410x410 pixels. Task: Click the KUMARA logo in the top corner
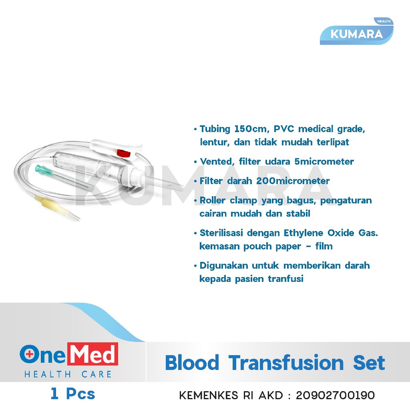pyautogui.click(x=356, y=34)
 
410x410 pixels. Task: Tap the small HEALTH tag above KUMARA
pyautogui.click(x=383, y=22)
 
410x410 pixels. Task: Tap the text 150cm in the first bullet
pyautogui.click(x=248, y=129)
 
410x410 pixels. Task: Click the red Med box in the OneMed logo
pyautogui.click(x=92, y=354)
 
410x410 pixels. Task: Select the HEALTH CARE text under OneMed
pyautogui.click(x=68, y=375)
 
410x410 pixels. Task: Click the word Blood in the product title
pyautogui.click(x=192, y=363)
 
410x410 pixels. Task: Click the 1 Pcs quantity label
pyautogui.click(x=73, y=394)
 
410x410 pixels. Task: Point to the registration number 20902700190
pyautogui.click(x=335, y=396)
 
